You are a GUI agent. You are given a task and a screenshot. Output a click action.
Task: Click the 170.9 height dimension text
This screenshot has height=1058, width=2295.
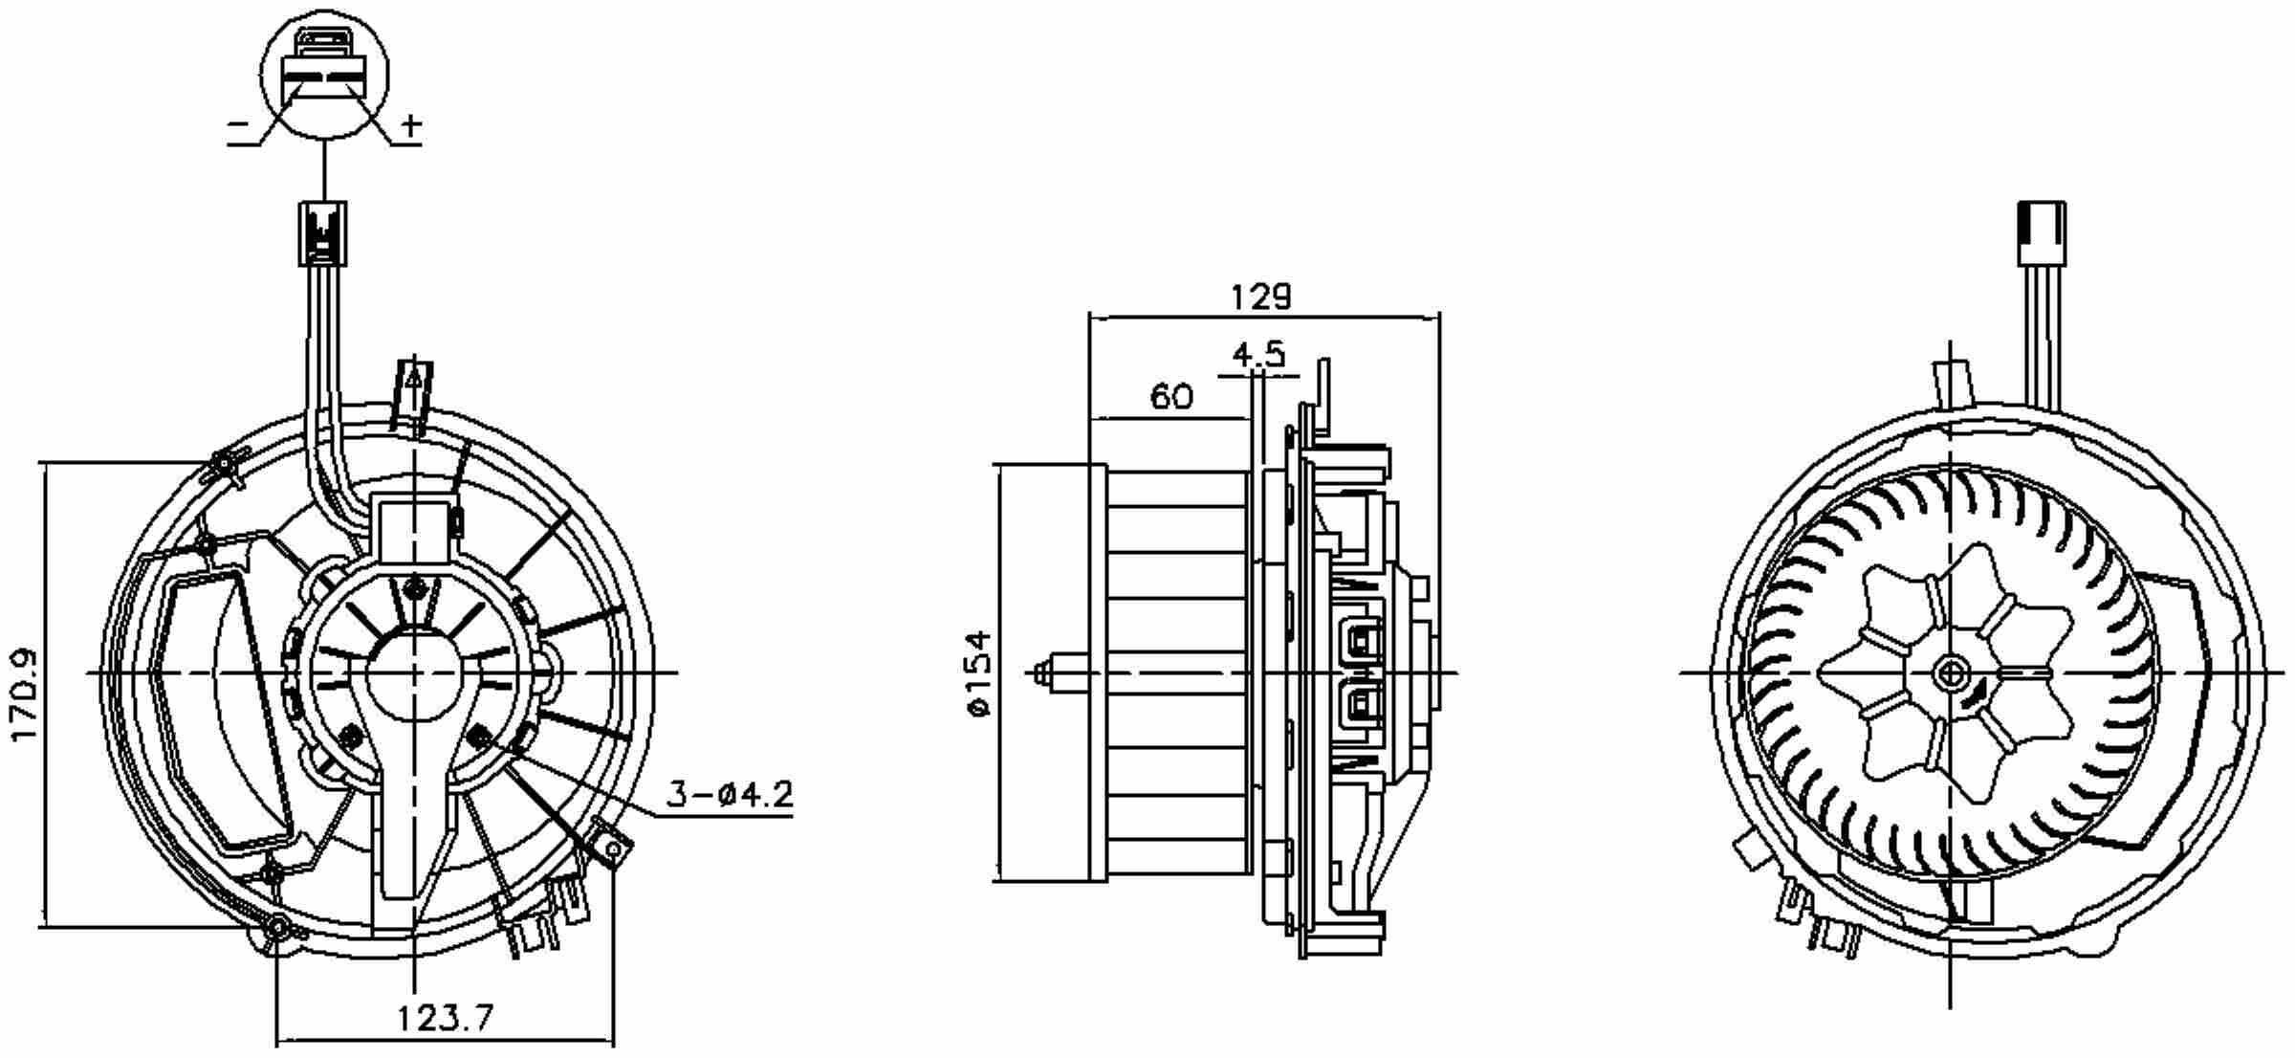tap(23, 694)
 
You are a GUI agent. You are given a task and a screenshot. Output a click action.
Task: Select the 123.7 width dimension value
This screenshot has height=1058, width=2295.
tap(446, 1017)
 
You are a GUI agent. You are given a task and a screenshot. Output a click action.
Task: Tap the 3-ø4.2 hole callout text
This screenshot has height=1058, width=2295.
tap(730, 794)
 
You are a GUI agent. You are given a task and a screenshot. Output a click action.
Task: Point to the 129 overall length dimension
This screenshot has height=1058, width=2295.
tap(1261, 297)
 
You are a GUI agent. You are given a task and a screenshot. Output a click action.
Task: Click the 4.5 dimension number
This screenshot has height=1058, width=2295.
tap(1258, 355)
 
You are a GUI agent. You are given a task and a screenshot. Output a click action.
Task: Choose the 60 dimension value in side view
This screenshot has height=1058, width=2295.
tap(1171, 396)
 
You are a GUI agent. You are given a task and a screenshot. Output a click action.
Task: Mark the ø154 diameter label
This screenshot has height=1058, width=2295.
tap(981, 672)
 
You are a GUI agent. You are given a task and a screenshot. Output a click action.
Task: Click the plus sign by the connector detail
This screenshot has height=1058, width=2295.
tap(411, 124)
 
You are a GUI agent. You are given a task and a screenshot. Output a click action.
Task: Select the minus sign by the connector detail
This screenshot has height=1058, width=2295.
tap(239, 125)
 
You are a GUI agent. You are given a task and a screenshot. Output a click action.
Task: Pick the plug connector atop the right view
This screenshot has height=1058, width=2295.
tap(2042, 232)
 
